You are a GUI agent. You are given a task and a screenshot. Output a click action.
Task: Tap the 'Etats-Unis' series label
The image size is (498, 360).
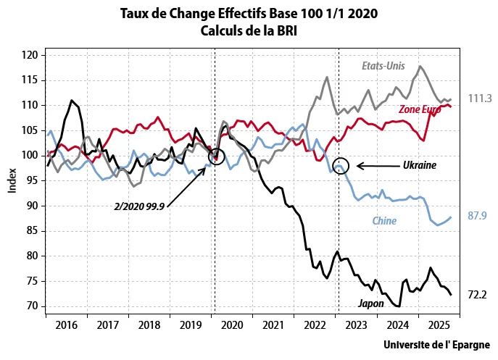click(383, 65)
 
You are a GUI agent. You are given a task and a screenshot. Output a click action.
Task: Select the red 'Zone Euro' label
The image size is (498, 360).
click(420, 109)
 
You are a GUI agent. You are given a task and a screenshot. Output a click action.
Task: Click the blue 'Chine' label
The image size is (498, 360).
click(383, 220)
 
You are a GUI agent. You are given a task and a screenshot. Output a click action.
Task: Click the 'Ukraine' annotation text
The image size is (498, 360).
click(420, 165)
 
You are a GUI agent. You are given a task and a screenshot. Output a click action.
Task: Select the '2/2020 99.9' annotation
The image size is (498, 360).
click(139, 206)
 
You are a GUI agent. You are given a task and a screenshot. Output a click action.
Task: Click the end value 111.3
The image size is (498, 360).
click(480, 99)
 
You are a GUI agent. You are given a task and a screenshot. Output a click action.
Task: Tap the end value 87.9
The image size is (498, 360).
click(479, 216)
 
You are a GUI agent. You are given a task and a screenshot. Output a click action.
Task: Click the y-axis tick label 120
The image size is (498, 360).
click(28, 55)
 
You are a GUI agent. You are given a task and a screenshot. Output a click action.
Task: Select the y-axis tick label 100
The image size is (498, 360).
click(28, 155)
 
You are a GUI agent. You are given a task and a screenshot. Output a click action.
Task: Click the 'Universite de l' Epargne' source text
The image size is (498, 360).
click(436, 345)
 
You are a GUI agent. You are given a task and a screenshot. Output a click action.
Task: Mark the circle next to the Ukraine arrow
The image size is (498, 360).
click(342, 165)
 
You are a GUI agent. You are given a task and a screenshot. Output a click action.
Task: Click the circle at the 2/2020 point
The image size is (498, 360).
click(216, 156)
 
